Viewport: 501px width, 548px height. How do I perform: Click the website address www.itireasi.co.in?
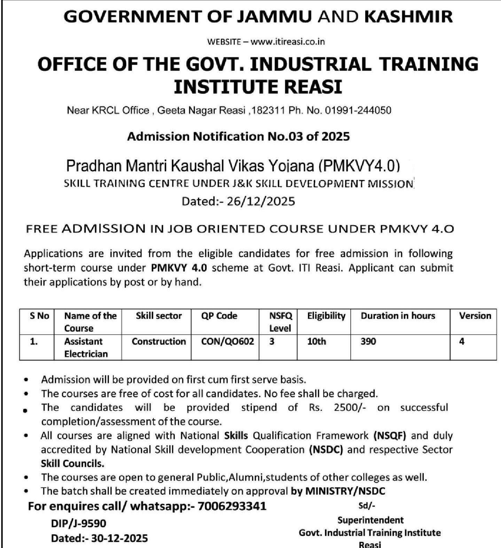pos(288,42)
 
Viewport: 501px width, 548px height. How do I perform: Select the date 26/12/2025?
pos(261,201)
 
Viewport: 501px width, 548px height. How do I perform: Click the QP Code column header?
pos(219,316)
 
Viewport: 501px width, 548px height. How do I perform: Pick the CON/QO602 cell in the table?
pos(227,341)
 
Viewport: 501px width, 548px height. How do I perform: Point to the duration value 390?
pos(368,341)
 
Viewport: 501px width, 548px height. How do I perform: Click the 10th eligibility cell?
pos(316,341)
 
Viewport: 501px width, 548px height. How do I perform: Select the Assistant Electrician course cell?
pos(86,348)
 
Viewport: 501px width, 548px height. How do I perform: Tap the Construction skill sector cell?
pos(159,341)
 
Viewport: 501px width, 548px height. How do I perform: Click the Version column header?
pos(475,316)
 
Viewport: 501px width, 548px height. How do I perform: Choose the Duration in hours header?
pos(398,316)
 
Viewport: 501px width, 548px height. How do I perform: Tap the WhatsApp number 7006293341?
pos(232,506)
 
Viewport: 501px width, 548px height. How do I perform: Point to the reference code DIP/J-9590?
pos(78,523)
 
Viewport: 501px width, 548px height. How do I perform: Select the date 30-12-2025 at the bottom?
pos(119,538)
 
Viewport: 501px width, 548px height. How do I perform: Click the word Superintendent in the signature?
pos(370,520)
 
